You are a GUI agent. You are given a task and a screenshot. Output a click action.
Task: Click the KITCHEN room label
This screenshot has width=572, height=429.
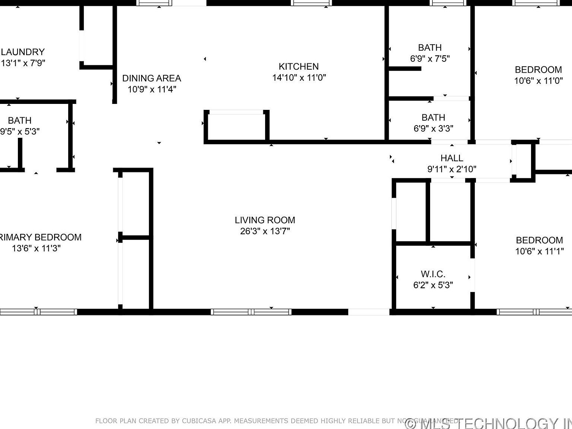299,67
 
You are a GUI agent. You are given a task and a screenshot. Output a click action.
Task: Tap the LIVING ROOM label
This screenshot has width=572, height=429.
265,220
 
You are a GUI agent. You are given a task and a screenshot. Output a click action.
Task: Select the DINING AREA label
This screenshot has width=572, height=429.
152,78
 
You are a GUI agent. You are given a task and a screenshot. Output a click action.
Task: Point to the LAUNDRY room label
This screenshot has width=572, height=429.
23,52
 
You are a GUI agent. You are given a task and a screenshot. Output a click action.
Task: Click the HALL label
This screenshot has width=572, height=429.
452,158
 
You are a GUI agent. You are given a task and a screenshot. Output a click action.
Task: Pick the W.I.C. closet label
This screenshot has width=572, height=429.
433,274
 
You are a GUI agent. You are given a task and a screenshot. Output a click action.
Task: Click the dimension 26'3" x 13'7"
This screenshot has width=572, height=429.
265,231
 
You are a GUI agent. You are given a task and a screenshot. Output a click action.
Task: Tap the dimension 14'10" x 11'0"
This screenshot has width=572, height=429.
299,77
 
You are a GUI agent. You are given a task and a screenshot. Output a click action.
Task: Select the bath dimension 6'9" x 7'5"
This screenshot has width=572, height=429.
430,58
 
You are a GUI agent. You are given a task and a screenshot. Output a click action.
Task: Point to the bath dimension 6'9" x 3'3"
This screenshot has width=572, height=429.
433,128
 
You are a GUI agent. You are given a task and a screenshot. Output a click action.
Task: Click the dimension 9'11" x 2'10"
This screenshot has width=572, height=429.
452,169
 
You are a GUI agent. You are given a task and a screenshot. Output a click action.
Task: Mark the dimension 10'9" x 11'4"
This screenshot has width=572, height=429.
152,89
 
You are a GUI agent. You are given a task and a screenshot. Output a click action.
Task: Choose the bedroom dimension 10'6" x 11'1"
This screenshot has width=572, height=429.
539,251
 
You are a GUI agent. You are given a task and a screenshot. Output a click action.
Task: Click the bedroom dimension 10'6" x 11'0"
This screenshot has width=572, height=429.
538,81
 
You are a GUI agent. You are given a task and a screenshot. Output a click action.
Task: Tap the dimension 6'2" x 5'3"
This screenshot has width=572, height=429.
433,285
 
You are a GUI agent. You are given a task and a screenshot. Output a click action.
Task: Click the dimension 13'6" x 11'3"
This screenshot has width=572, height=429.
36,248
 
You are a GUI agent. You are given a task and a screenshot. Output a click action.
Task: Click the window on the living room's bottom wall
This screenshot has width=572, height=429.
251,312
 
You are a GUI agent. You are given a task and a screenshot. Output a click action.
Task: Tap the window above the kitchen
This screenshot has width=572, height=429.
311,3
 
